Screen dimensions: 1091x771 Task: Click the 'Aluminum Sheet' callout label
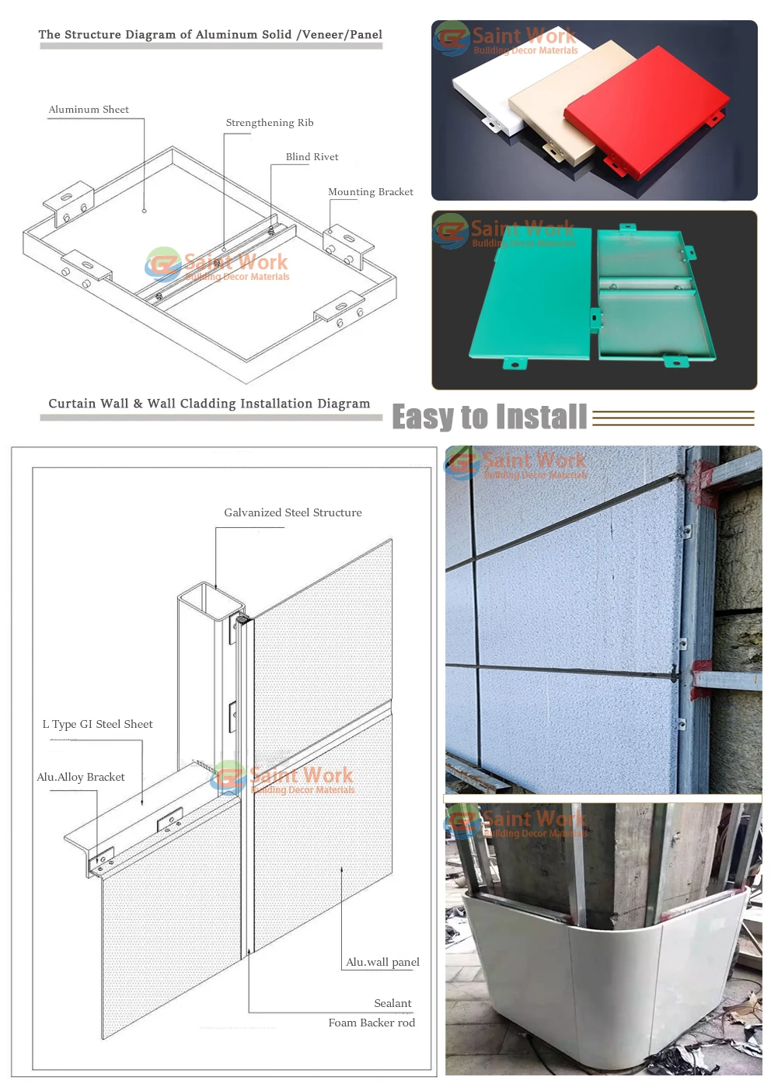coord(89,110)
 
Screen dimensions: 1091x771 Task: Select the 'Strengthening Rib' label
coord(270,123)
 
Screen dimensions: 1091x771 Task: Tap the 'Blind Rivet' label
coord(312,157)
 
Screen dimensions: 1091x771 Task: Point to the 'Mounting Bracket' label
coord(370,192)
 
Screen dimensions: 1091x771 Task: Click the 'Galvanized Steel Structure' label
coord(293,512)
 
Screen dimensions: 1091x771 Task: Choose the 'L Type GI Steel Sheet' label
coord(97,724)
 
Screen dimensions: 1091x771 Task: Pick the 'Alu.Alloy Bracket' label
coord(81,777)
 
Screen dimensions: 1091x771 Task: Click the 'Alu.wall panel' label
coord(382,962)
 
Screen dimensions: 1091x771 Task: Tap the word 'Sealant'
coord(392,1003)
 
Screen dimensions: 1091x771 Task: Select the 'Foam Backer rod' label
coord(372,1023)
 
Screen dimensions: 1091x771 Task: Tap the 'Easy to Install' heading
coord(490,418)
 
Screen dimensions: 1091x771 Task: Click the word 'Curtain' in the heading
coord(68,404)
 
